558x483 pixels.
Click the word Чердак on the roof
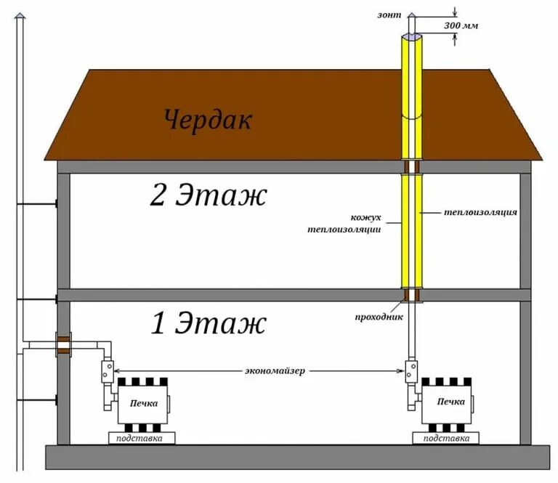click(x=208, y=119)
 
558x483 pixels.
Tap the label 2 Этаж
click(x=209, y=195)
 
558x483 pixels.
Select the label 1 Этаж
click(x=209, y=324)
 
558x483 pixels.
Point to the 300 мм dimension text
click(x=461, y=26)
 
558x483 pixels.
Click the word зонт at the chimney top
click(x=389, y=13)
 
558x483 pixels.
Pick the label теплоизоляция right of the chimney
click(x=480, y=213)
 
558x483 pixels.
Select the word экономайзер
click(x=275, y=370)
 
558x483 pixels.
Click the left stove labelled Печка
click(x=143, y=403)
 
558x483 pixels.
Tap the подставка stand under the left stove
click(x=142, y=438)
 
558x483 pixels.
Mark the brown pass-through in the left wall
click(x=63, y=344)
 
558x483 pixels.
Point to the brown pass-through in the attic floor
click(x=412, y=167)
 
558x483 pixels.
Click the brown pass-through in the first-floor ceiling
click(x=412, y=295)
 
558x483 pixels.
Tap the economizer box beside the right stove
click(x=411, y=372)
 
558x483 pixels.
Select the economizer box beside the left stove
click(x=108, y=372)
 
